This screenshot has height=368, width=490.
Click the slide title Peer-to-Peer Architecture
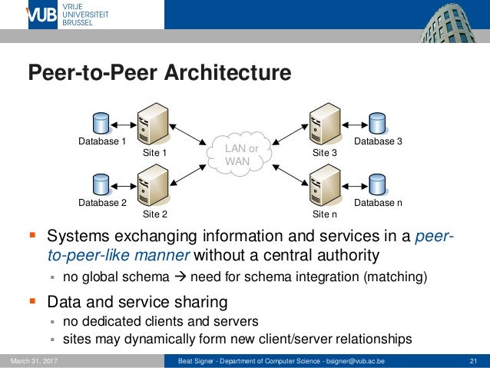160,73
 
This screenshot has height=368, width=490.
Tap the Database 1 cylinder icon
101,124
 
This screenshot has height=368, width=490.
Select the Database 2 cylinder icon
101,185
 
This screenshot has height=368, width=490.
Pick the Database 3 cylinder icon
376,124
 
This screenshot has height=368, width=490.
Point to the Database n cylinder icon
376,185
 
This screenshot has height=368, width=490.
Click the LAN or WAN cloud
240,154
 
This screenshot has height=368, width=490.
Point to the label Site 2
154,214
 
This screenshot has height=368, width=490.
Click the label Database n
378,203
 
